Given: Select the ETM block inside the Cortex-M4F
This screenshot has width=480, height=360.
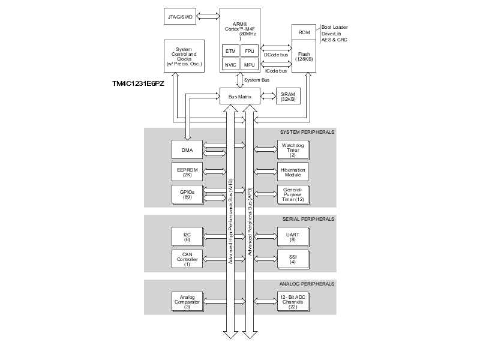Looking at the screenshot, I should pos(230,51).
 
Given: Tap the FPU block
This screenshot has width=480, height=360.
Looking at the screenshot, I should pos(250,51).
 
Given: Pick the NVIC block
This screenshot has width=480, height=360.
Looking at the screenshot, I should pos(230,64).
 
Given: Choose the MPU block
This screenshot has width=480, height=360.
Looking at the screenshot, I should pos(250,64).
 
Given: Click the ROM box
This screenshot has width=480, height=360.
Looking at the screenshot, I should pos(304,32).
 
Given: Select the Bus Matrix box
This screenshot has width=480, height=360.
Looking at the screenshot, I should pos(240,96).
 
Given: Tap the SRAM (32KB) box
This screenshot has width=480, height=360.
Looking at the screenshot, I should pos(288,97).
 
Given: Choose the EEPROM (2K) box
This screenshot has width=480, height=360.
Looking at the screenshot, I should pos(187,172).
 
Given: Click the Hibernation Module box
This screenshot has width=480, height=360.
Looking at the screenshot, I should pos(292,172).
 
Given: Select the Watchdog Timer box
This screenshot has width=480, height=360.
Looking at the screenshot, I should pos(292,149).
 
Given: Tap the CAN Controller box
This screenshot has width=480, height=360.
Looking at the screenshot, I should pos(187,259).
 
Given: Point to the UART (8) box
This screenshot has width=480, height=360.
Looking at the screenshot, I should pos(292,237).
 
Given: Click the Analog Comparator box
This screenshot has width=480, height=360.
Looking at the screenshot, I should pos(187,301).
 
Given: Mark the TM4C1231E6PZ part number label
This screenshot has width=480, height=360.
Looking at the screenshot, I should pos(138,83).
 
